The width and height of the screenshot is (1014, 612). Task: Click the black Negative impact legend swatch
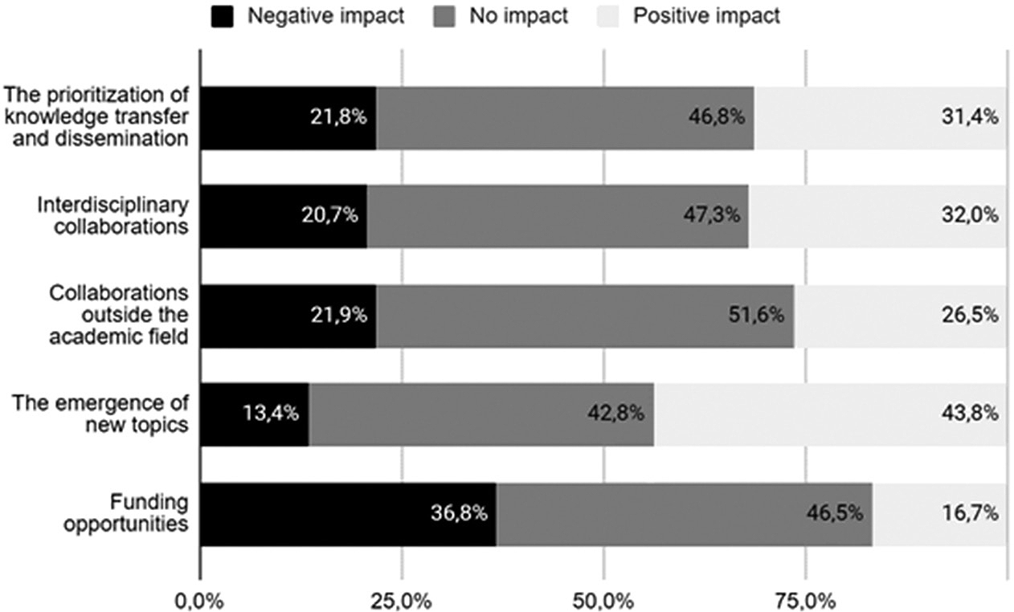coord(223,16)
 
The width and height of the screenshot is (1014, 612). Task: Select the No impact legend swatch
coord(445,16)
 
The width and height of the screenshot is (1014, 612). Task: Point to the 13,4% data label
coord(272,414)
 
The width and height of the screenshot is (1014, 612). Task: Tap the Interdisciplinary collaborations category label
coord(113,215)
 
